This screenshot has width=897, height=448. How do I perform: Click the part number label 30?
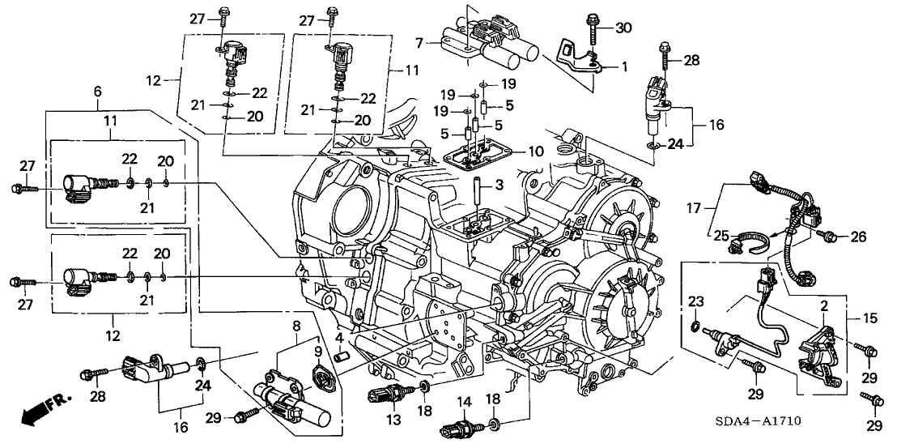[x=623, y=28]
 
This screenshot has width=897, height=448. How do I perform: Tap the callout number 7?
[x=418, y=41]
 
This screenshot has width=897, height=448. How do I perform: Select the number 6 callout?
[x=97, y=92]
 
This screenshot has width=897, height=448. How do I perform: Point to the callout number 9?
[x=318, y=352]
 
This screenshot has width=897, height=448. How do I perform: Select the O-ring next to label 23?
[x=695, y=328]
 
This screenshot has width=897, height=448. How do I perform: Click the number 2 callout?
[x=823, y=306]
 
